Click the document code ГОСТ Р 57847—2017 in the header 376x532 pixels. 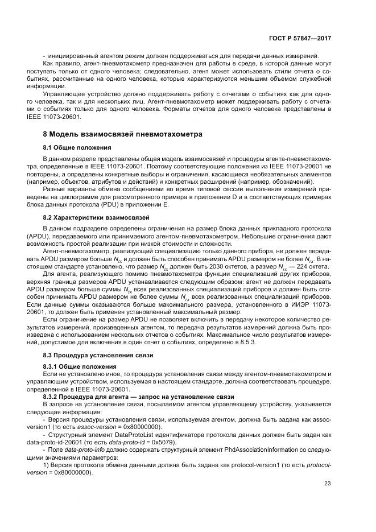300,38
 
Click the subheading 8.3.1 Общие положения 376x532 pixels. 77,366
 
